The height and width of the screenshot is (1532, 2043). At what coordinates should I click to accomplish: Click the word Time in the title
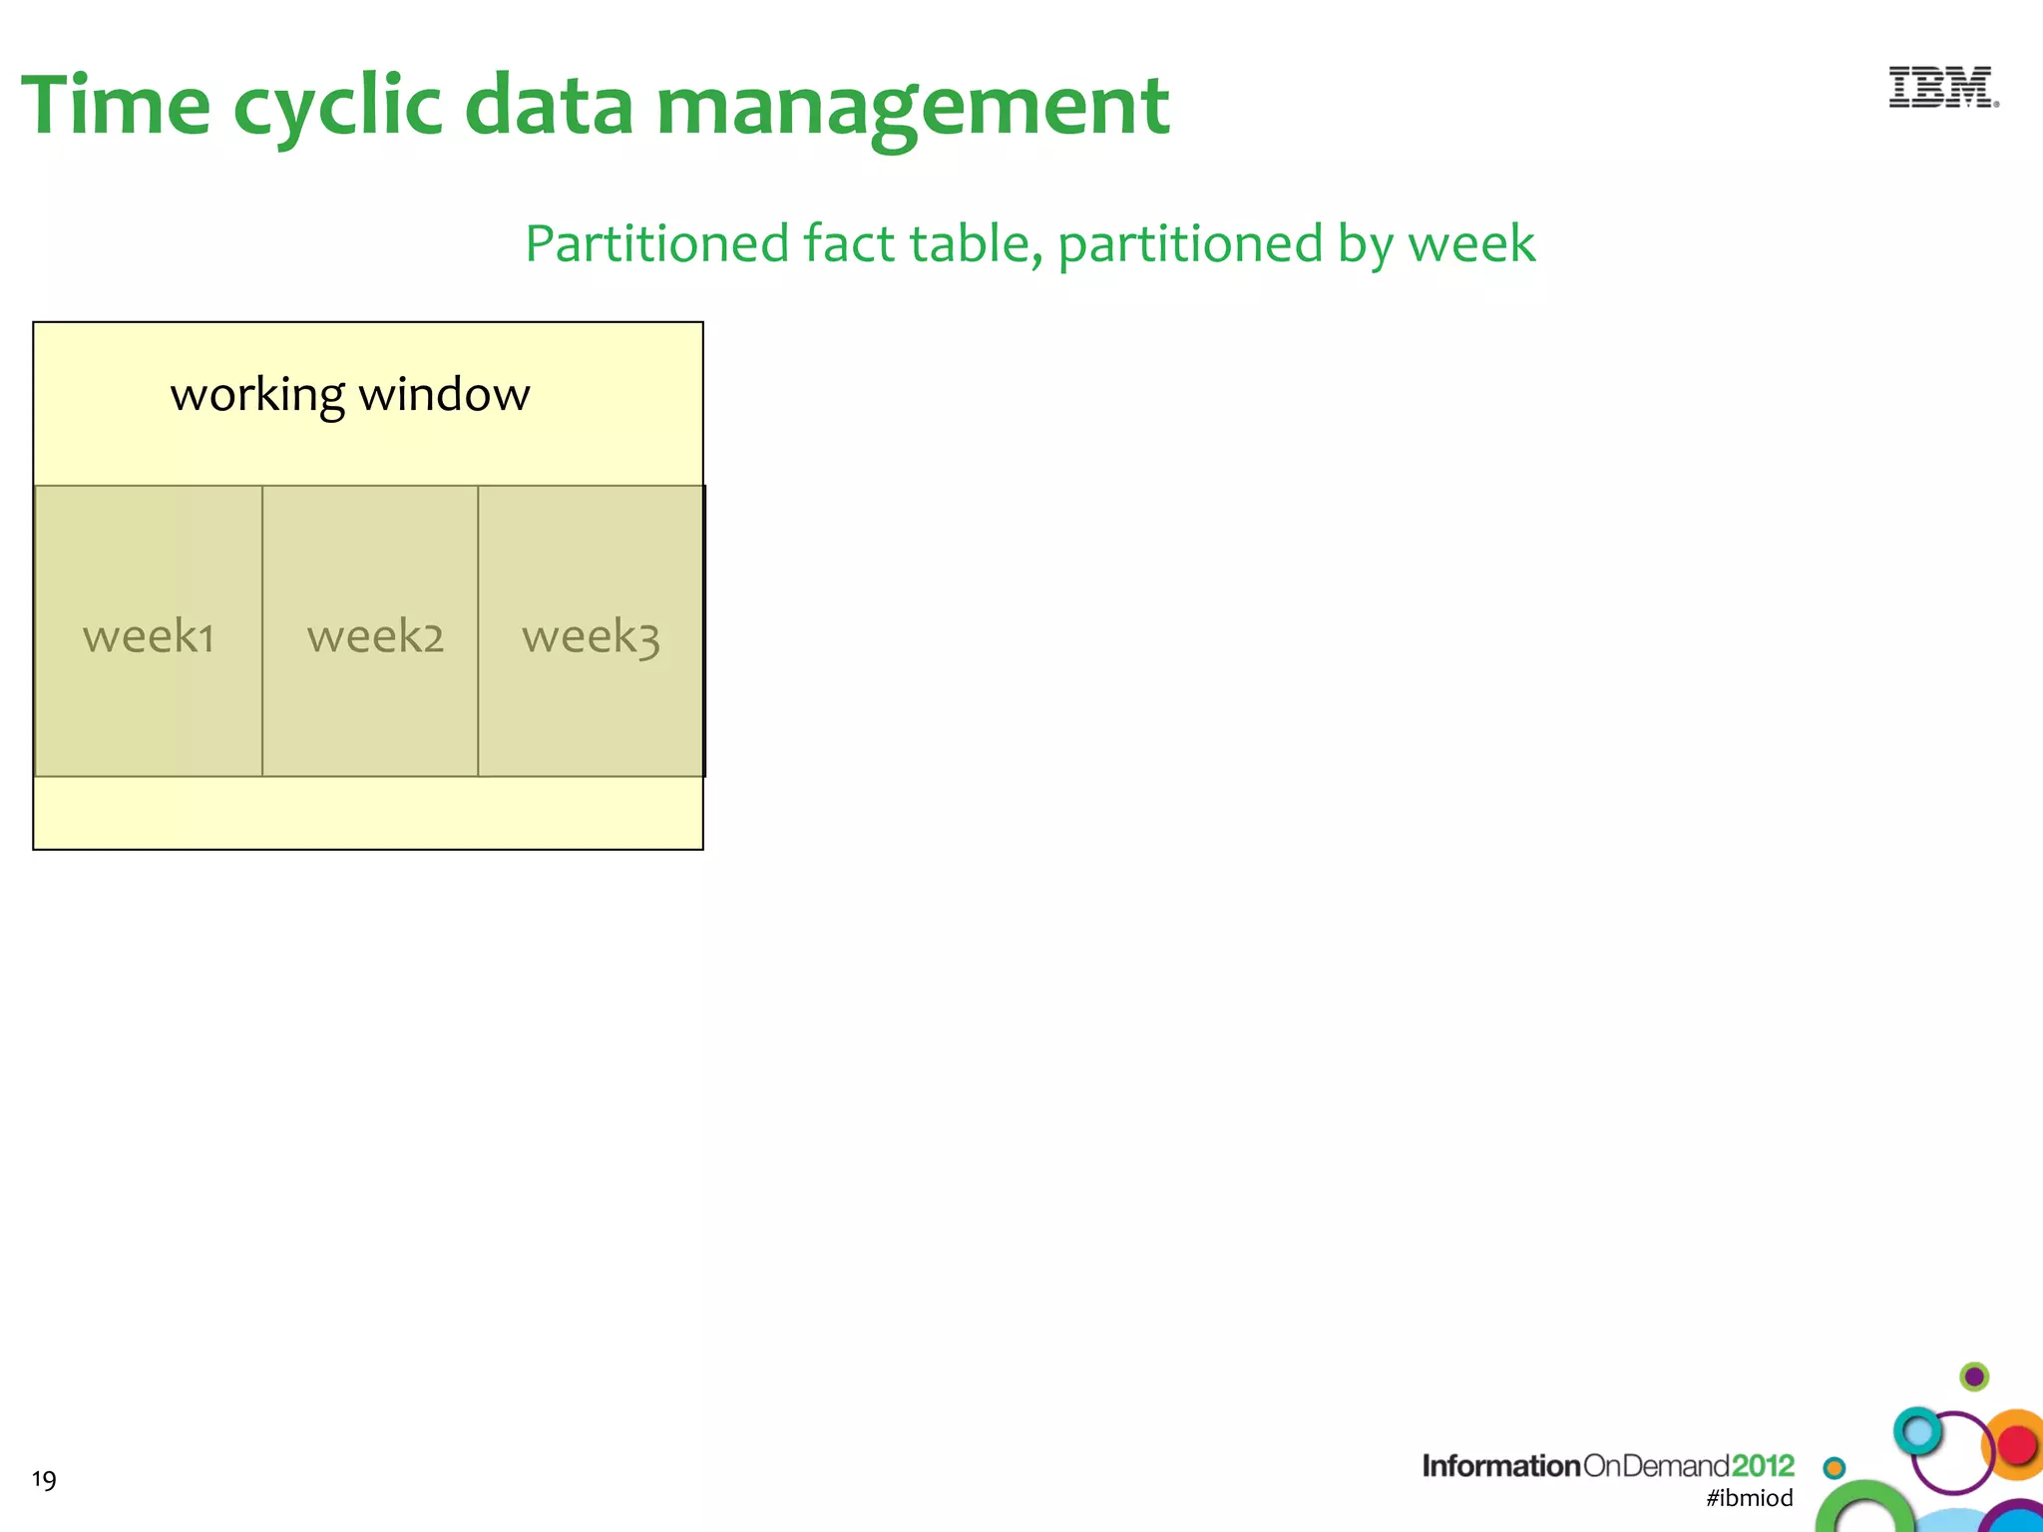tap(116, 105)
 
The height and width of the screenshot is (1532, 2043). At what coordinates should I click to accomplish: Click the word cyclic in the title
tap(337, 108)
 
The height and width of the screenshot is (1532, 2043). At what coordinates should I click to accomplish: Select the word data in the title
tap(549, 105)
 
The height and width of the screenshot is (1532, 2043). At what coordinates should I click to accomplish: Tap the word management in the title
tap(912, 108)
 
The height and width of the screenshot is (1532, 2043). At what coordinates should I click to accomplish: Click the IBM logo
tap(1942, 88)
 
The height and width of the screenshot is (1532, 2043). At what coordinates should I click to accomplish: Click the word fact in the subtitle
tap(848, 244)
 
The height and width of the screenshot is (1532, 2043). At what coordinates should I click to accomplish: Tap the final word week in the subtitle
tap(1471, 244)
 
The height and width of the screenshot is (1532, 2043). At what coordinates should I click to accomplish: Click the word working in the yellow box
tap(257, 396)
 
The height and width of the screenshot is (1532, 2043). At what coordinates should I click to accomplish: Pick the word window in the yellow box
tap(444, 394)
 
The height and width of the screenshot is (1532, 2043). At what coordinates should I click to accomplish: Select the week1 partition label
tap(149, 636)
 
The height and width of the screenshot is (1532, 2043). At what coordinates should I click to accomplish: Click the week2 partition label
tap(375, 636)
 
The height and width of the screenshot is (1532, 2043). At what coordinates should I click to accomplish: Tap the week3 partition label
tap(591, 636)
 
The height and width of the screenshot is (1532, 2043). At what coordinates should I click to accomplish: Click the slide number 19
tap(44, 1479)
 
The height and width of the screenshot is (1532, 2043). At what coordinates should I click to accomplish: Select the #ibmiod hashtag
tap(1749, 1498)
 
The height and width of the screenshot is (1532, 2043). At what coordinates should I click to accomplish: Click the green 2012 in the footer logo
tap(1763, 1465)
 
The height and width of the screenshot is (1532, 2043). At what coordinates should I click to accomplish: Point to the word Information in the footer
tap(1500, 1465)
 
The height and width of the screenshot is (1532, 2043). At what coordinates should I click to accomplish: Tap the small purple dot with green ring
tap(1974, 1377)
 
